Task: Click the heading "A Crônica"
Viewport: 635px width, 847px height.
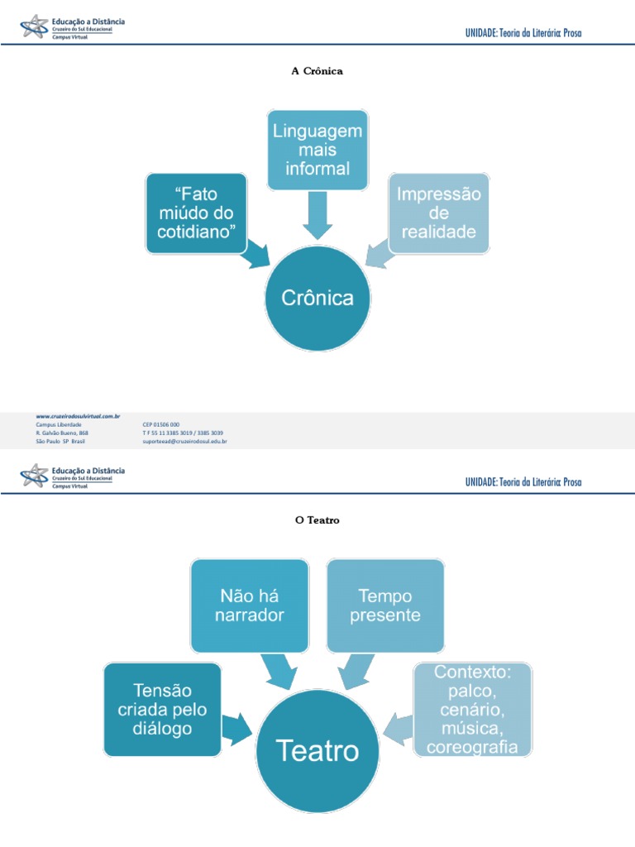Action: point(317,71)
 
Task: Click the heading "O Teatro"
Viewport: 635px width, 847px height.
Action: point(317,520)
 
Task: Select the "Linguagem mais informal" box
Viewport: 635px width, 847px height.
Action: point(317,150)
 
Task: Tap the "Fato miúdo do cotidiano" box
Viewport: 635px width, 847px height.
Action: point(196,213)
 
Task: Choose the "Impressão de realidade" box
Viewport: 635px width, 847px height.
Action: point(439,213)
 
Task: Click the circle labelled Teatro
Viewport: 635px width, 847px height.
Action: point(317,751)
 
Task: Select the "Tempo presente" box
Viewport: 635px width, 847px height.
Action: point(385,605)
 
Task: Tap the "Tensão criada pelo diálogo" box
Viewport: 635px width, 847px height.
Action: point(163,709)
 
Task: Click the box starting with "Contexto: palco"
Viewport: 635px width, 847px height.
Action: point(472,709)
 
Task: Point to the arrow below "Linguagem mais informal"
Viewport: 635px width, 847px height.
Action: point(317,216)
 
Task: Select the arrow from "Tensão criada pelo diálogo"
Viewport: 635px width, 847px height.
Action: point(238,727)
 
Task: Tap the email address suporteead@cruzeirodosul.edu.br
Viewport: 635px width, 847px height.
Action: point(184,442)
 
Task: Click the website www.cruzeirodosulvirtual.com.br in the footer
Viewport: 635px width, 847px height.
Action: point(79,416)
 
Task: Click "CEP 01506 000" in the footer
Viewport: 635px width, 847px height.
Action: point(160,424)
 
